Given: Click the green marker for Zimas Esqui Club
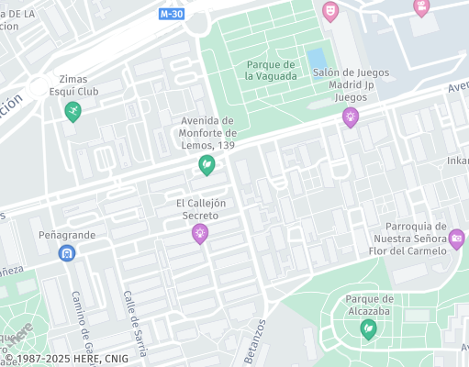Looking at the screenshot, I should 73,111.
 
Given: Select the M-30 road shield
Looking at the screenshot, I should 171,14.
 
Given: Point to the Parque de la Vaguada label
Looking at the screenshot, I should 271,70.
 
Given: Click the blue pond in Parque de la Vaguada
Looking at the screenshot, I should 316,58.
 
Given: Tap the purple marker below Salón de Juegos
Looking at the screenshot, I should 350,117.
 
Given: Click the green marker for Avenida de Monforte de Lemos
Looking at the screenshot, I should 207,165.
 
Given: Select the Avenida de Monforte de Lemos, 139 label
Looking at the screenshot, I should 207,133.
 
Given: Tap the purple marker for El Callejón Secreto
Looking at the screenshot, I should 199,234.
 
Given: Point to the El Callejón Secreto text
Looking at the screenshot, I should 200,209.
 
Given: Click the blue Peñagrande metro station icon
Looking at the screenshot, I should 66,253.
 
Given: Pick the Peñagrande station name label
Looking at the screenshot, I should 66,236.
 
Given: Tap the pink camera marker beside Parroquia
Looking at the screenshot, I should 456,239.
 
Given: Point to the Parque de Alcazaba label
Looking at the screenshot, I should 369,305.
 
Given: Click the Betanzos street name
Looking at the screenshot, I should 254,342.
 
